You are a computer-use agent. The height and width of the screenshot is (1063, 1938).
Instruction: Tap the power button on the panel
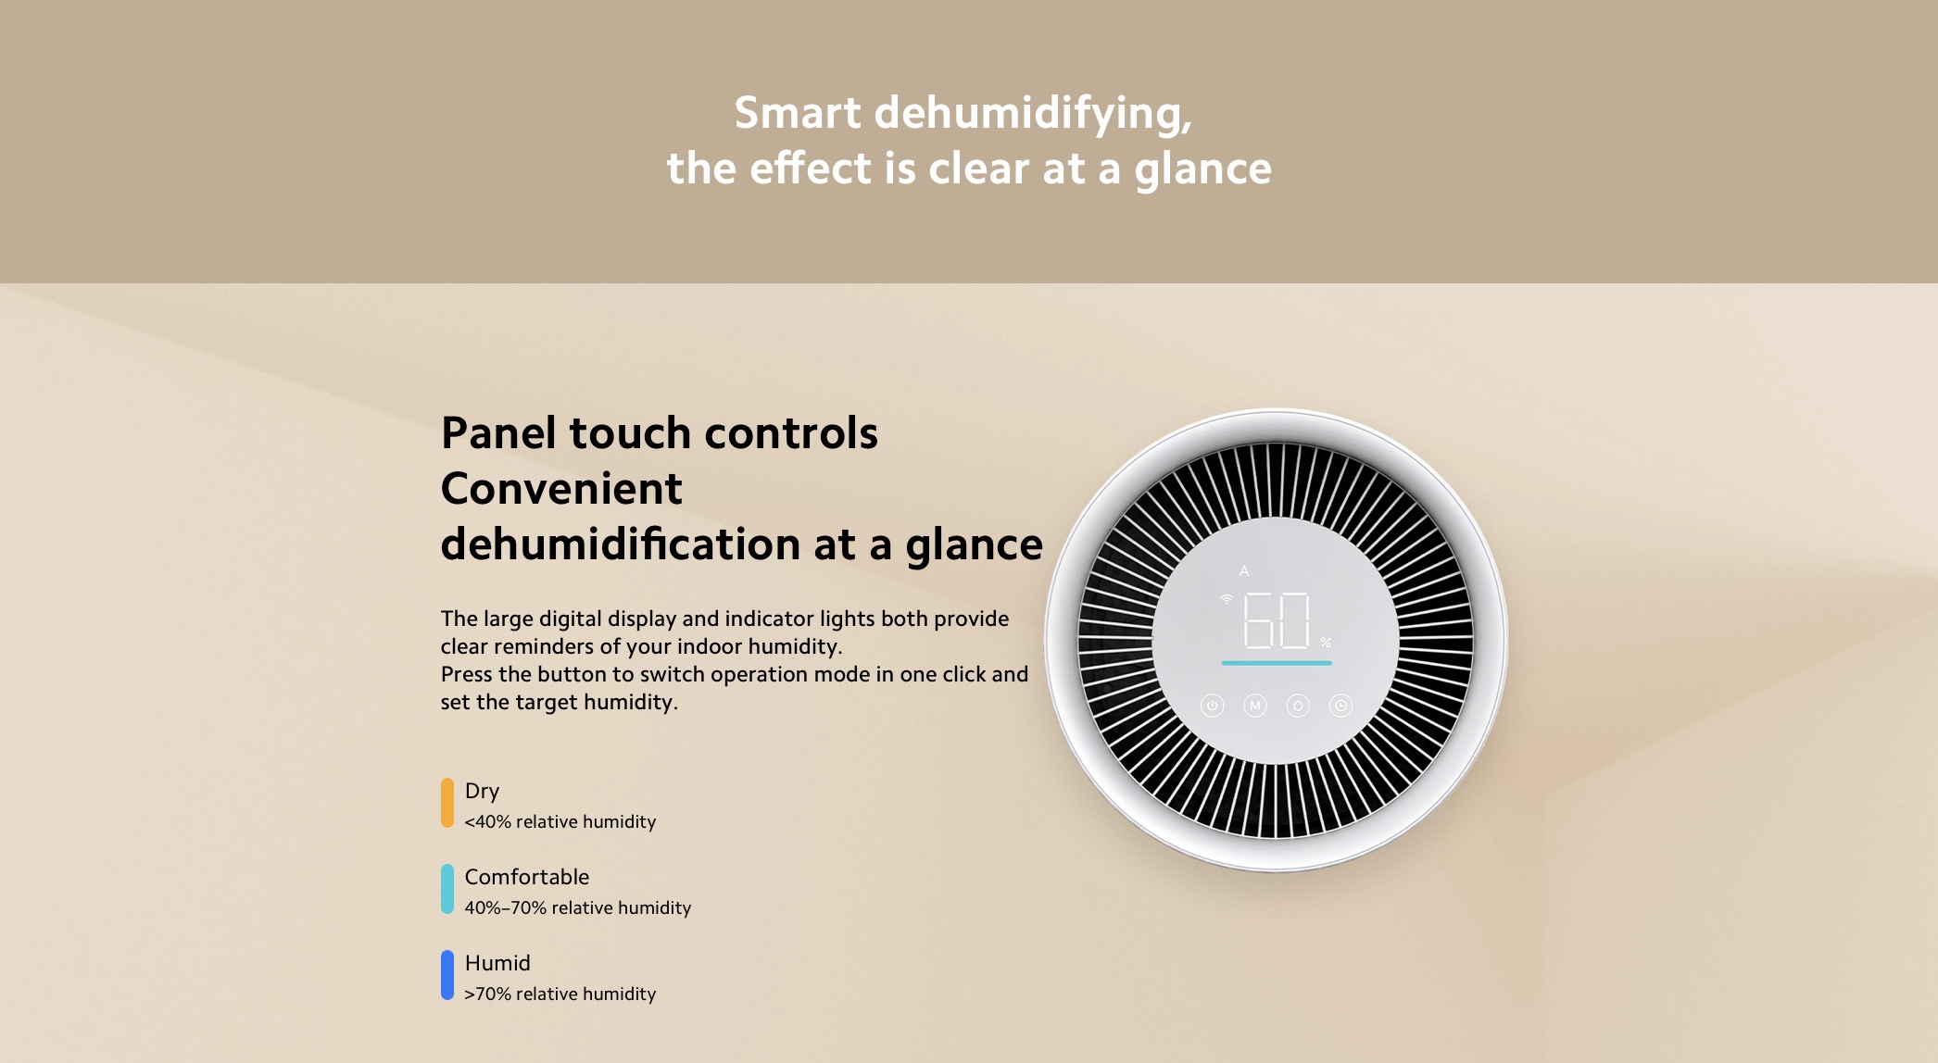point(1212,706)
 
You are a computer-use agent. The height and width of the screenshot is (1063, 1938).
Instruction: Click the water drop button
point(1298,706)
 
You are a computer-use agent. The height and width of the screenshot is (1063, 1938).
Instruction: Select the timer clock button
point(1340,706)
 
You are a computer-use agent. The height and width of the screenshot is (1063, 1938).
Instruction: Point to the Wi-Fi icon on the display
point(1227,599)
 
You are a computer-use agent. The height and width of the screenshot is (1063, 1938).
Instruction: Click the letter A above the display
point(1244,571)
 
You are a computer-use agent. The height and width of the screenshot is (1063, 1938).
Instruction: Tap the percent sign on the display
point(1326,642)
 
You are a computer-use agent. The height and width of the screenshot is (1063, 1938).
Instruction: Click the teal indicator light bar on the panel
point(1277,663)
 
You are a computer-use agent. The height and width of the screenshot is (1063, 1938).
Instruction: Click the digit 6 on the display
point(1257,620)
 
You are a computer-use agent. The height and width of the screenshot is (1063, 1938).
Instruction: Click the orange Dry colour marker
point(447,803)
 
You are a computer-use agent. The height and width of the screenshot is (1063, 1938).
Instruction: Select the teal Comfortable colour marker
point(447,889)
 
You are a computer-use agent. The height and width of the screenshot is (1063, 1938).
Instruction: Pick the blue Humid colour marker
point(447,975)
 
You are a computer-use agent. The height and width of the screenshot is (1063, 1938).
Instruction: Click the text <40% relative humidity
point(560,821)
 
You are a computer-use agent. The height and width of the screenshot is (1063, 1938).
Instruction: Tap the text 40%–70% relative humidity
point(578,907)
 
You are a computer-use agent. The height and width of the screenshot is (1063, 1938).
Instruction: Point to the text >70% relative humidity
point(560,994)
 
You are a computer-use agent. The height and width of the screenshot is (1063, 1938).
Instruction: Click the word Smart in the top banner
point(798,113)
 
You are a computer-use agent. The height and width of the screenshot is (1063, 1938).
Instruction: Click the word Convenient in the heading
point(561,489)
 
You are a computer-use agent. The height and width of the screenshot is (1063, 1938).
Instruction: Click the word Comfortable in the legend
point(527,877)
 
